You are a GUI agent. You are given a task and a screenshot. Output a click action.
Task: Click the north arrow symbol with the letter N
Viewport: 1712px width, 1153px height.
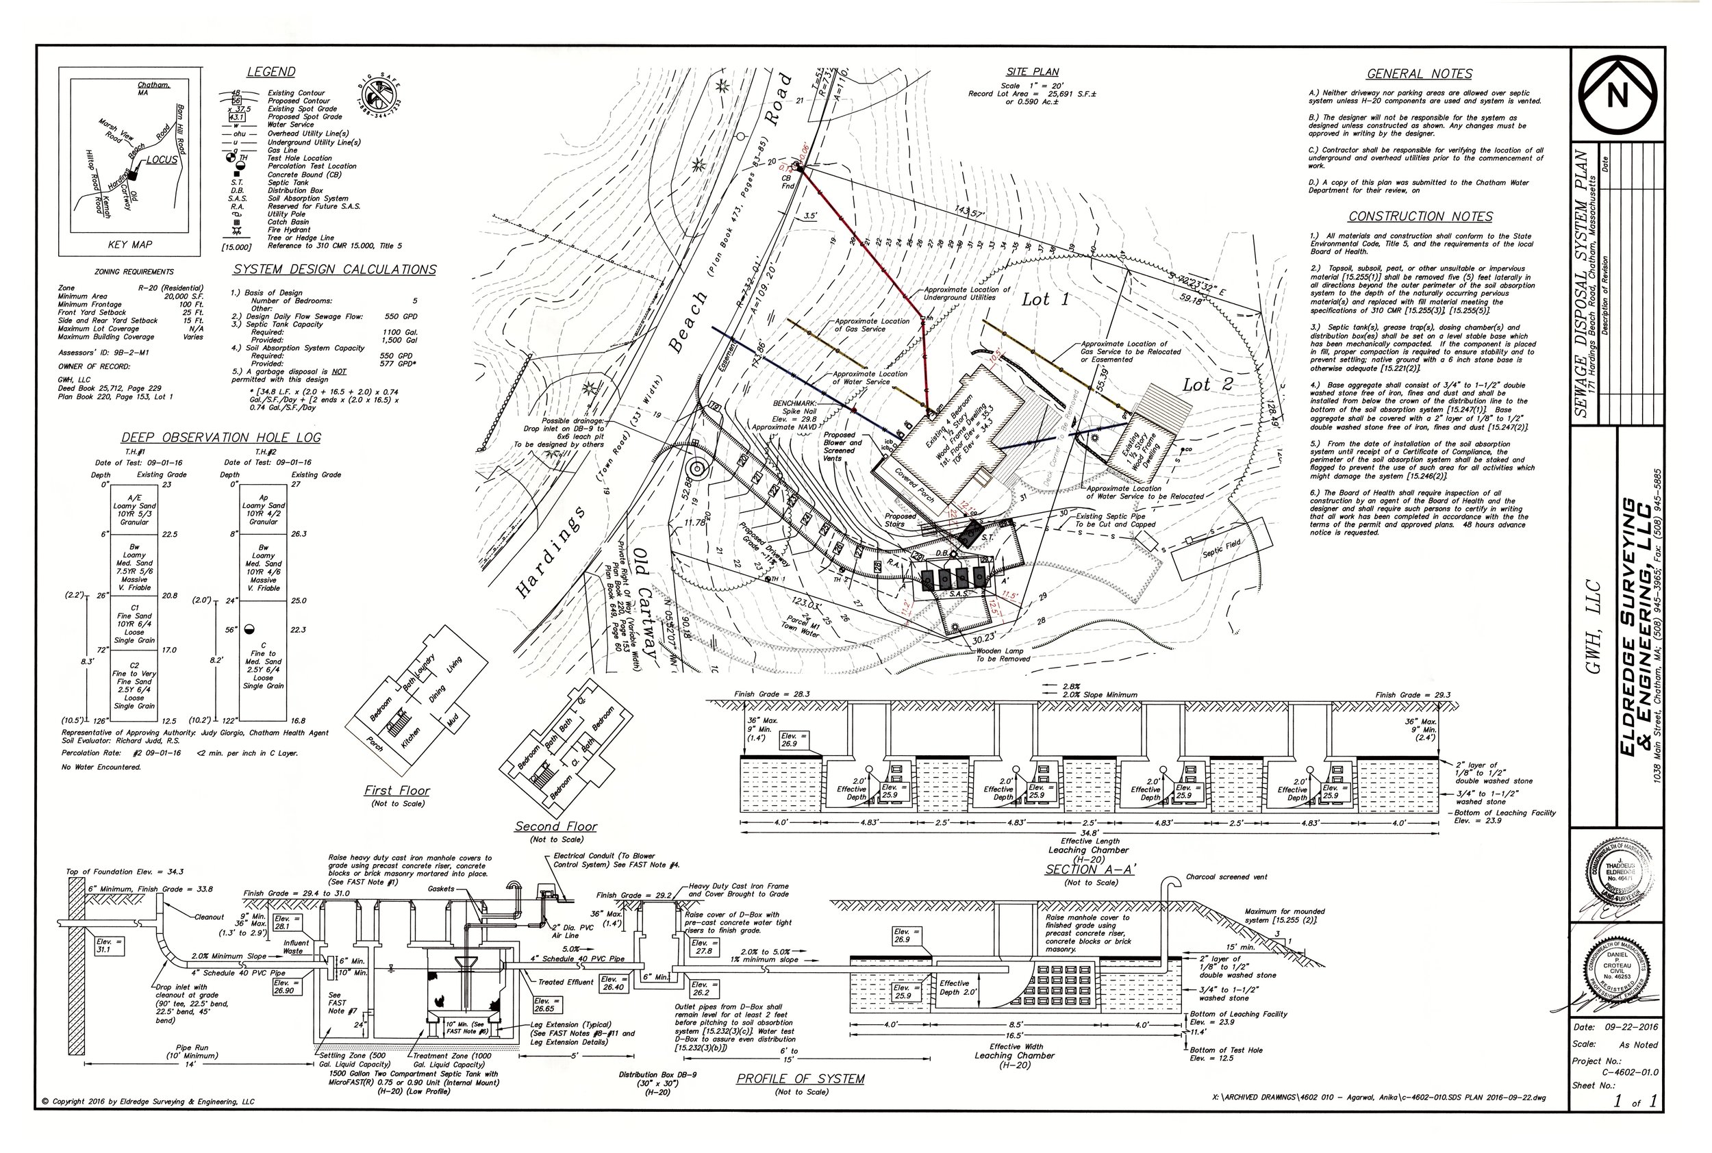coord(1616,95)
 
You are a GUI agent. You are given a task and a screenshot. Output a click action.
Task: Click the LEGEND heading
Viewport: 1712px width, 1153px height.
coord(270,72)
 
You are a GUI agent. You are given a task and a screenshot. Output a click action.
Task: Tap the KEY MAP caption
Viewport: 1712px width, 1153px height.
coord(130,245)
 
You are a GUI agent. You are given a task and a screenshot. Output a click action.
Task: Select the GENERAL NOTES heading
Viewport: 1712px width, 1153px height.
coord(1420,74)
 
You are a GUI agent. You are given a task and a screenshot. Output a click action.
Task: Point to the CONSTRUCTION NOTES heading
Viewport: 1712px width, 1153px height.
coord(1420,217)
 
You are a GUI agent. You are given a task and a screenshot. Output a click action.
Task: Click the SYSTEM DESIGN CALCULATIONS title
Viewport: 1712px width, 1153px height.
coord(335,270)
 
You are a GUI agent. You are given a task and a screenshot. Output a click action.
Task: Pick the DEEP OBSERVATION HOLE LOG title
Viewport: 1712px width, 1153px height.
coord(221,438)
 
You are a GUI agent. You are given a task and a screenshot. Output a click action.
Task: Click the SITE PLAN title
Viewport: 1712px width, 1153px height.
coord(1033,72)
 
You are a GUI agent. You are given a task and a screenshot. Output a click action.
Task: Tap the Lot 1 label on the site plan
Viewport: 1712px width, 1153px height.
coord(1045,299)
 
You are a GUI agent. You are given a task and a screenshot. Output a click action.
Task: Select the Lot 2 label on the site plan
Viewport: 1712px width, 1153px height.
coord(1207,385)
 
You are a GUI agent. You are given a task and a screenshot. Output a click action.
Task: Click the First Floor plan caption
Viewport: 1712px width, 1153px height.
coord(397,791)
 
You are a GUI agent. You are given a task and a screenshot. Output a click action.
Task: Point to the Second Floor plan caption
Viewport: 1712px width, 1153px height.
coord(556,826)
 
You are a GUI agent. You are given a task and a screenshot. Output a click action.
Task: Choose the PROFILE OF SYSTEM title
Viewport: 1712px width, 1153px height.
coord(800,1079)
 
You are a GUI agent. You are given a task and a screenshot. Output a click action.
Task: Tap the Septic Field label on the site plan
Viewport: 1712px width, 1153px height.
coord(1222,548)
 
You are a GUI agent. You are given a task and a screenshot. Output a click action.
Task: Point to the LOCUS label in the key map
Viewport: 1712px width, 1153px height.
coord(162,160)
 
